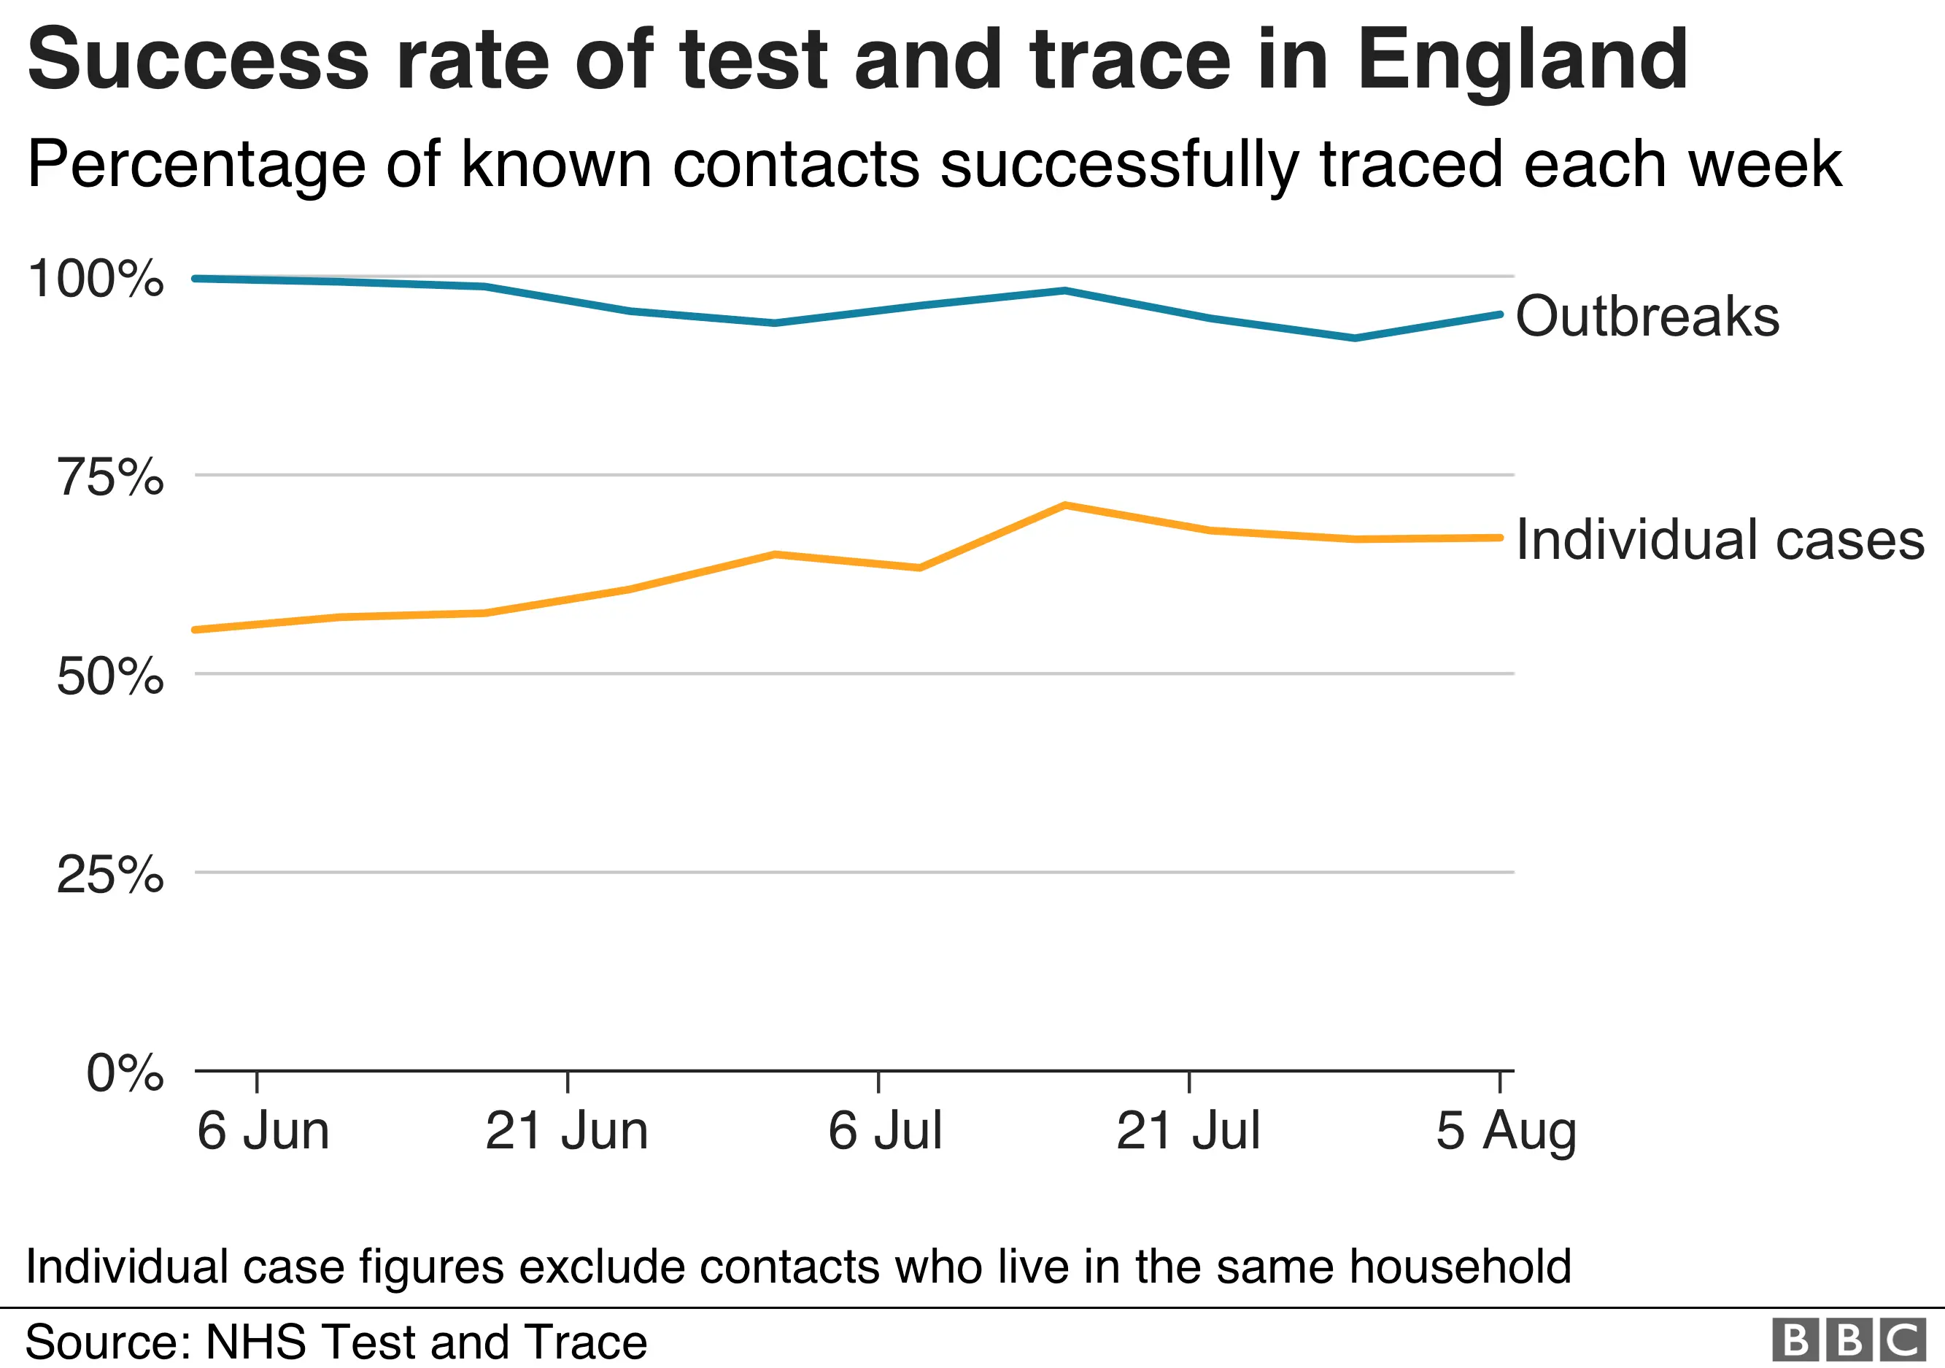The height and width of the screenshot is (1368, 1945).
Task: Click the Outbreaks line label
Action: tap(1647, 316)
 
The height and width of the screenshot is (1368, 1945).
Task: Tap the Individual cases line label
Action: tap(1720, 540)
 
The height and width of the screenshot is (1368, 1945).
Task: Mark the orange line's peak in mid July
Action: tap(1064, 506)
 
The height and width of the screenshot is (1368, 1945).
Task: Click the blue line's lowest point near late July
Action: tap(1355, 338)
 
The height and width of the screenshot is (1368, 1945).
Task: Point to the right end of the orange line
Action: tap(1499, 538)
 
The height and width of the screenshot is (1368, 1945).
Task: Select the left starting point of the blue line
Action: tap(196, 279)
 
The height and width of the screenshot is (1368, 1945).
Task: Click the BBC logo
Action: tap(1849, 1340)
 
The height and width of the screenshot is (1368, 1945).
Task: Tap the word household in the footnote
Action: tap(1460, 1267)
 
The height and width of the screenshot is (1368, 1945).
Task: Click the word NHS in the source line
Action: tap(256, 1342)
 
